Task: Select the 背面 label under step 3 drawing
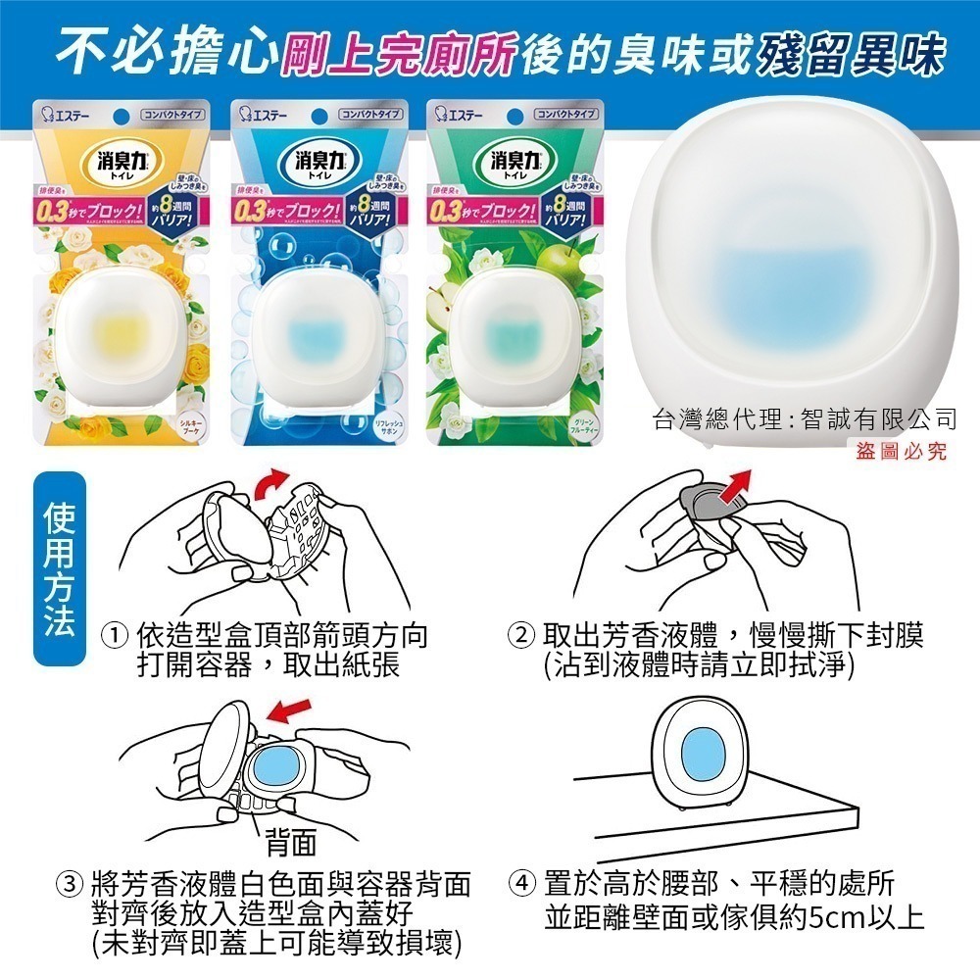pos(289,841)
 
